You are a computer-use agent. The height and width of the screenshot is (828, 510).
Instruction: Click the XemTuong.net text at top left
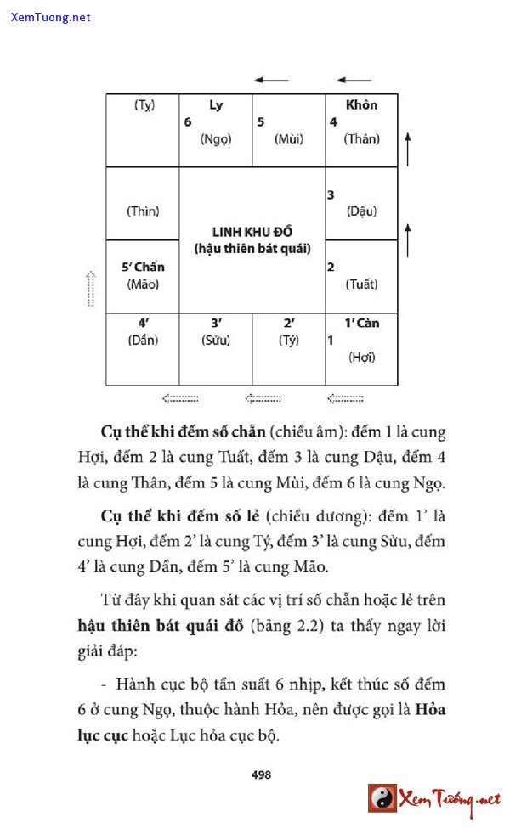point(51,17)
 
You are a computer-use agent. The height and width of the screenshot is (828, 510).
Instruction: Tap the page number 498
point(261,774)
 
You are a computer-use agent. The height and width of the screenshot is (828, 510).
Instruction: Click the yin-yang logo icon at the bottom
point(382,798)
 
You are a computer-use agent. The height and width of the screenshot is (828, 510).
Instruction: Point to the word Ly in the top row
point(216,105)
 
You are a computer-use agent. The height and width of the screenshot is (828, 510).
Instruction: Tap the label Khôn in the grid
point(361,105)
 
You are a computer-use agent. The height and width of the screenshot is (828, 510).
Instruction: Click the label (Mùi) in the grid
point(289,139)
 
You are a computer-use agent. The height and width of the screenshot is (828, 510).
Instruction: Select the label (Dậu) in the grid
point(361,211)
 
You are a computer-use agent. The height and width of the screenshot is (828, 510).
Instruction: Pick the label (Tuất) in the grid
point(361,284)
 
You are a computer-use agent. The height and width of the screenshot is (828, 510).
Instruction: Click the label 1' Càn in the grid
point(361,323)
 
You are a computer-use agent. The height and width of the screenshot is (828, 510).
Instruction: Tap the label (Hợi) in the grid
point(361,358)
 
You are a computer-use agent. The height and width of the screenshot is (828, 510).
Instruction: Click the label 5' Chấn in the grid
point(143,267)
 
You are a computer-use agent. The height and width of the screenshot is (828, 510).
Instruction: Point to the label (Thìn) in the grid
point(143,211)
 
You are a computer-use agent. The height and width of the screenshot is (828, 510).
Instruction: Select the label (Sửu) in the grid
point(216,341)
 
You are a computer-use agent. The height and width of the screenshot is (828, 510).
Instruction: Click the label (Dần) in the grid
point(143,341)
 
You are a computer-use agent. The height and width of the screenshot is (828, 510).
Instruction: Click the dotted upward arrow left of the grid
point(92,289)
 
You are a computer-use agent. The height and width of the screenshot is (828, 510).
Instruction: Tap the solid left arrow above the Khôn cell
point(354,81)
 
